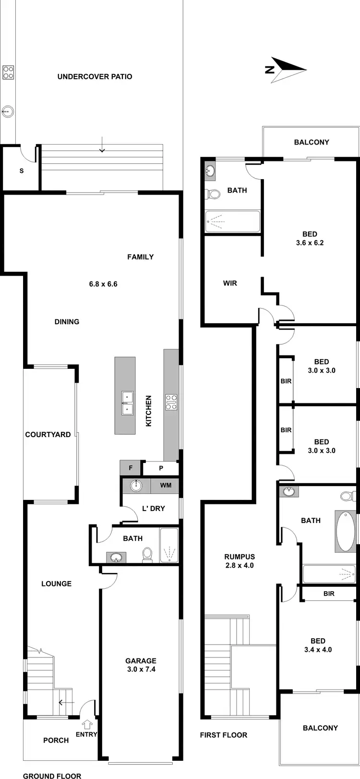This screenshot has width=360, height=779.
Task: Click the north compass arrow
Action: pyautogui.click(x=287, y=70)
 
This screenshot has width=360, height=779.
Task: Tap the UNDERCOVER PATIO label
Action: pyautogui.click(x=95, y=76)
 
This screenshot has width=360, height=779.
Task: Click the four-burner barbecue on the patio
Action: pyautogui.click(x=8, y=72)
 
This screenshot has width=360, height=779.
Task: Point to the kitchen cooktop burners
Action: pyautogui.click(x=171, y=402)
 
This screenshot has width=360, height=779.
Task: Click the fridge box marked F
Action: pyautogui.click(x=130, y=468)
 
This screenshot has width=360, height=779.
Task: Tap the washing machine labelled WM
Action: pyautogui.click(x=166, y=485)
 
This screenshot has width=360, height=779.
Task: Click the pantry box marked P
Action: pyautogui.click(x=161, y=468)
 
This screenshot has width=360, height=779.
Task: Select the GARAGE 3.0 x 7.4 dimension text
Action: pyautogui.click(x=141, y=669)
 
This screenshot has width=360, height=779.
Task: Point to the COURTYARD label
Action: pyautogui.click(x=48, y=435)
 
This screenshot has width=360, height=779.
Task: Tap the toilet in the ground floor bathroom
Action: pyautogui.click(x=147, y=554)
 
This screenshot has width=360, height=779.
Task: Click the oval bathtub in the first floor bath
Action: pyautogui.click(x=346, y=531)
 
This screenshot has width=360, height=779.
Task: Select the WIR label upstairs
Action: pyautogui.click(x=230, y=283)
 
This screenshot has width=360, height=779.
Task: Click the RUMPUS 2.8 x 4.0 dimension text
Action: pyautogui.click(x=239, y=565)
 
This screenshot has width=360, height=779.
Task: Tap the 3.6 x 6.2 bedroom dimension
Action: pyautogui.click(x=310, y=243)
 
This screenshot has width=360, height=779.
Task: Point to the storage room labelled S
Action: pyautogui.click(x=21, y=170)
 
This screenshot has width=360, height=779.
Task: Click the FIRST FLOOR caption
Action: pyautogui.click(x=224, y=735)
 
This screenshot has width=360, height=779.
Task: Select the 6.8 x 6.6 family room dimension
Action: pyautogui.click(x=103, y=284)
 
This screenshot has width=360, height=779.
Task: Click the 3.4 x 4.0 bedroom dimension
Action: pyautogui.click(x=318, y=650)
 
